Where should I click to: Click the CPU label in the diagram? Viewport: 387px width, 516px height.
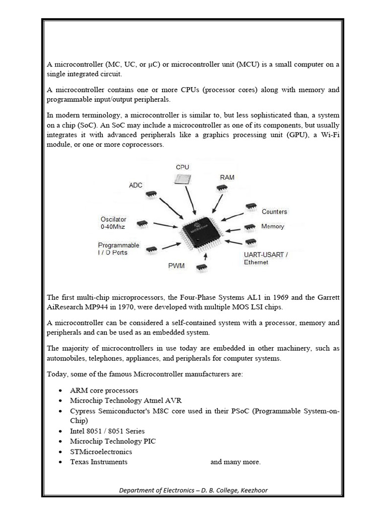point(182,167)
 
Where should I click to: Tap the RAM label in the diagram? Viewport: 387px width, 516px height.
point(227,177)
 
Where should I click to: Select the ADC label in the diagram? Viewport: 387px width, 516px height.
point(136,185)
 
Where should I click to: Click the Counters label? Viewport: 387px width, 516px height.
point(274,212)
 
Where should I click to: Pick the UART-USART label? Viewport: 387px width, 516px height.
point(266,254)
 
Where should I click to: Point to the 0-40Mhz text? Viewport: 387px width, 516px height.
point(113,227)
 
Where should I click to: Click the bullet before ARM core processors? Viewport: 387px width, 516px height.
point(60,391)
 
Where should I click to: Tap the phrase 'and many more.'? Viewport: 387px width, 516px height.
point(235,462)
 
